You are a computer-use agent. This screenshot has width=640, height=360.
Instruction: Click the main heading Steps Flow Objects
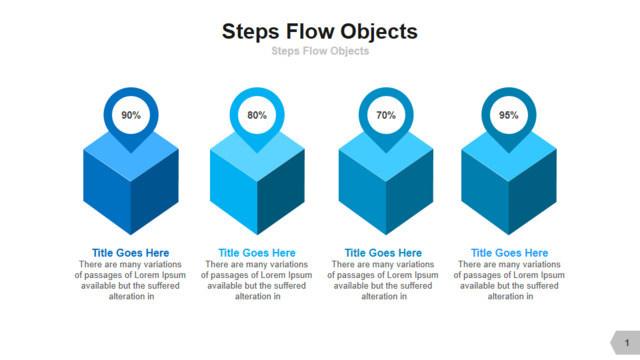[320, 32]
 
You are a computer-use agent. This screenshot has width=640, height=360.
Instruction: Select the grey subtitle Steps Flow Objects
[320, 51]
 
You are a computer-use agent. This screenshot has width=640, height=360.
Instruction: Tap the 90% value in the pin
[131, 115]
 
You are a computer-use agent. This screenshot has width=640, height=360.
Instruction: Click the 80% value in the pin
[257, 115]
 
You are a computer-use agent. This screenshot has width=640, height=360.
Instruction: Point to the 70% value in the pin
[386, 115]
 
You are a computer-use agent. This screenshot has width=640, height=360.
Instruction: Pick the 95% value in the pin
[509, 115]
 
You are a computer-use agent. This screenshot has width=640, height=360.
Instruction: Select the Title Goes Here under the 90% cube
[131, 253]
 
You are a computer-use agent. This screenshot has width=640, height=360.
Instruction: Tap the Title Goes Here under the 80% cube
[257, 253]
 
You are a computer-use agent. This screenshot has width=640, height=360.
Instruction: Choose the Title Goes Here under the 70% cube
[383, 253]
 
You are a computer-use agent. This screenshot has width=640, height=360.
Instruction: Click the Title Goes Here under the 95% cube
[509, 253]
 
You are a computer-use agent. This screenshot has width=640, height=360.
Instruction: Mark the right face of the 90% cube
[155, 191]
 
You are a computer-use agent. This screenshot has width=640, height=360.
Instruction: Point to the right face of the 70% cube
[409, 191]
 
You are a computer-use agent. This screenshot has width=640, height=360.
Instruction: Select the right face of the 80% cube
[281, 191]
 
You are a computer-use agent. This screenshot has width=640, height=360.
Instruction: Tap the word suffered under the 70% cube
[416, 286]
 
